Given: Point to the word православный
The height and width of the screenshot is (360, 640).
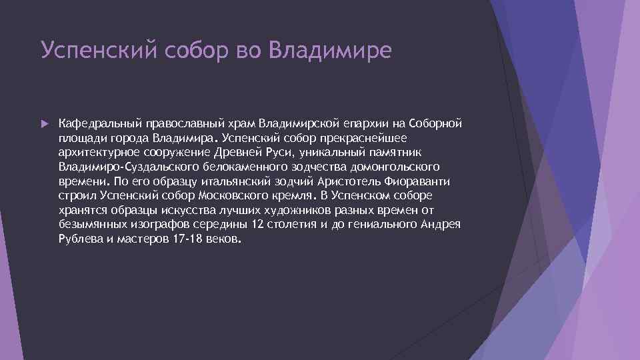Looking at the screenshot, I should (x=177, y=123).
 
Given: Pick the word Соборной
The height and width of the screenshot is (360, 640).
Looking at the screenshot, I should (x=437, y=123).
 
